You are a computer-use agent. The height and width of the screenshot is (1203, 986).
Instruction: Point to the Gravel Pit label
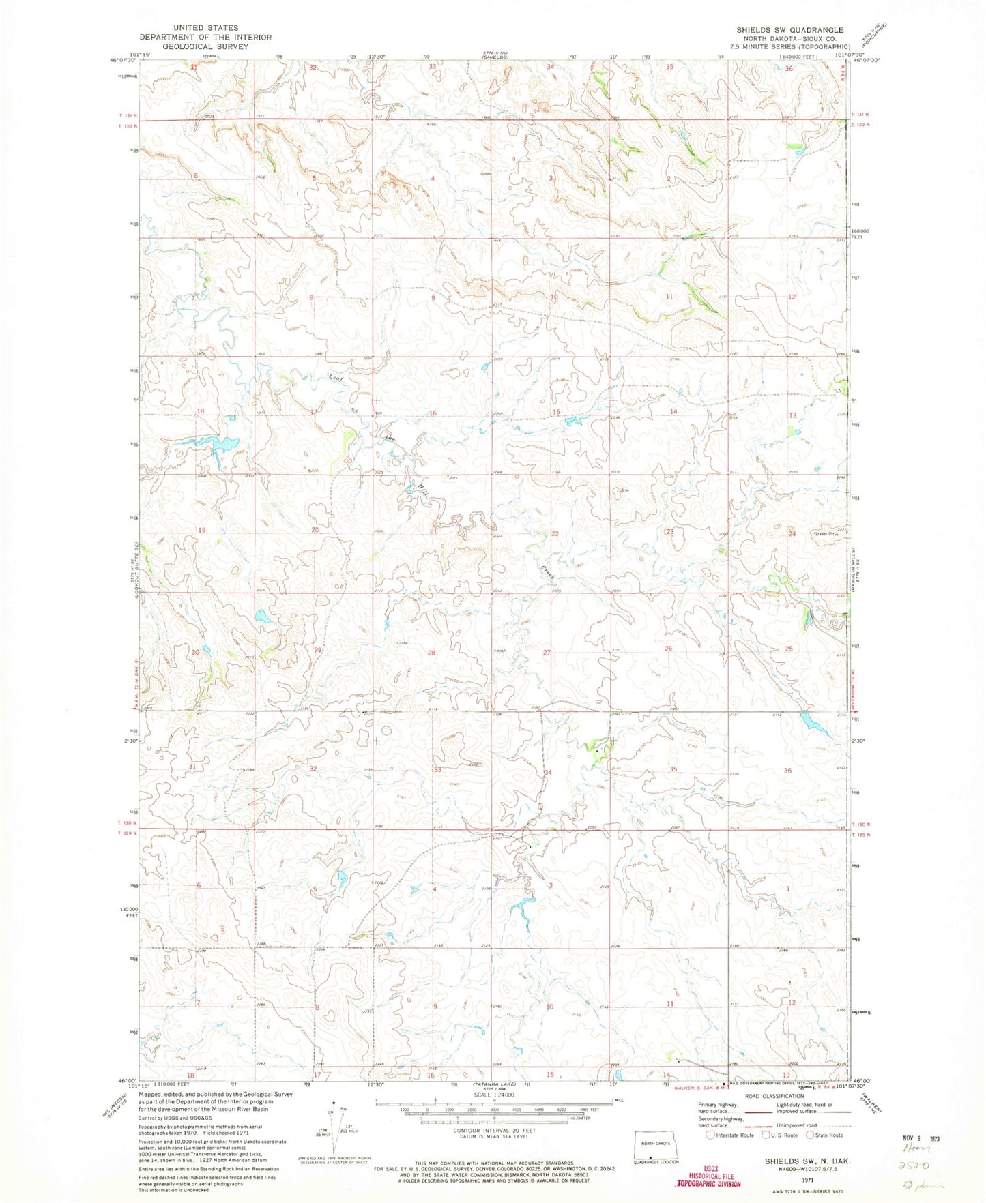tap(824, 534)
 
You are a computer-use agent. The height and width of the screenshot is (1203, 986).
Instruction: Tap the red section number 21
tap(433, 531)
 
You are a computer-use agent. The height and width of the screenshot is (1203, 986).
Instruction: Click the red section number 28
tap(431, 653)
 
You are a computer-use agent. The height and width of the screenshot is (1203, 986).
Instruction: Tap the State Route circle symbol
tap(811, 1135)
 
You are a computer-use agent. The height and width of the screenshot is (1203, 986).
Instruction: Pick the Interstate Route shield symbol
tap(710, 1135)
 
